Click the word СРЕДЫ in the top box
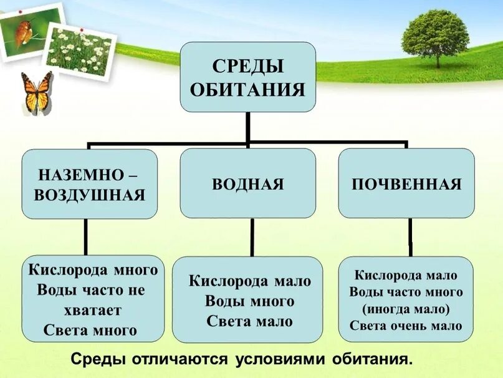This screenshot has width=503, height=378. [248, 65]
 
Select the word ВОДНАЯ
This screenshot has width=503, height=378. [248, 184]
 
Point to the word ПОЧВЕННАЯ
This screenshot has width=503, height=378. [406, 184]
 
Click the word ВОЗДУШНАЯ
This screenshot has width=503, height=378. [90, 195]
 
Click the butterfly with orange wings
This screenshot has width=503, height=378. [37, 94]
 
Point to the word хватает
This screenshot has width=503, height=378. [92, 310]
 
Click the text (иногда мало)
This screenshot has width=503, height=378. [406, 308]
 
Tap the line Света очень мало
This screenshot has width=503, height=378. [406, 325]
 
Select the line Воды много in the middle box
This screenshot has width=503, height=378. [249, 301]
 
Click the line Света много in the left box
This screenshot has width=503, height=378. [90, 330]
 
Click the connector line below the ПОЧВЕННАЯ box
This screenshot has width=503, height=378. [410, 237]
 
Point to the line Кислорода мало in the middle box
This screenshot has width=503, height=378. [249, 281]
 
